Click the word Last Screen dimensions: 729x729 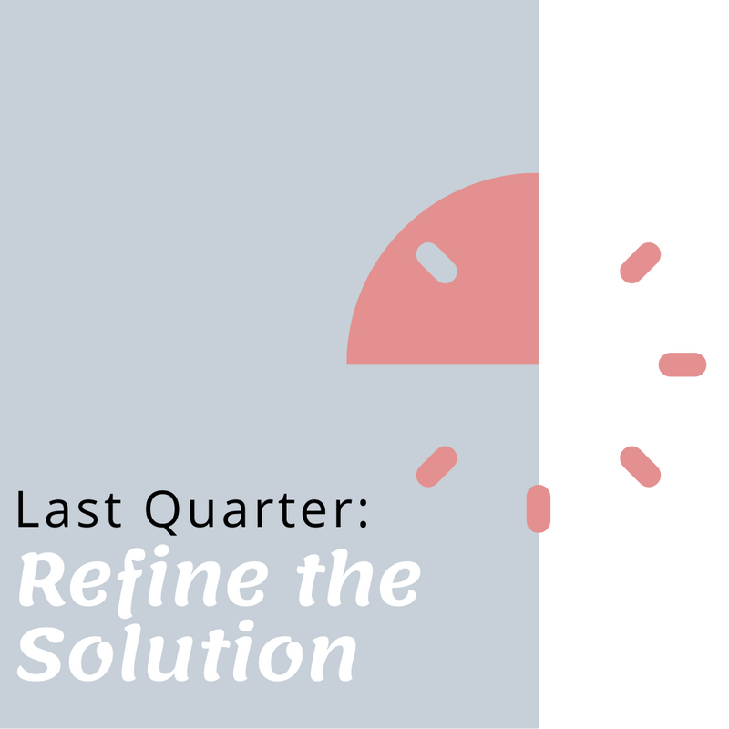pyautogui.click(x=69, y=509)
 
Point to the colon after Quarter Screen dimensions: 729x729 pyautogui.click(x=363, y=513)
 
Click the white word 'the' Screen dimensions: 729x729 pyautogui.click(x=358, y=579)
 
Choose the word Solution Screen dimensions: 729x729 pyautogui.click(x=187, y=652)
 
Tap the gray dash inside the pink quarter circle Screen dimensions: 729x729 pyautogui.click(x=436, y=262)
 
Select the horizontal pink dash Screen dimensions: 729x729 pyautogui.click(x=683, y=364)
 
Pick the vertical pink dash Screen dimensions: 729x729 pyautogui.click(x=539, y=508)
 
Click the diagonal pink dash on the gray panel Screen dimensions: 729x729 pyautogui.click(x=436, y=467)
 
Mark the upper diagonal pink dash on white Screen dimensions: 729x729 pyautogui.click(x=641, y=262)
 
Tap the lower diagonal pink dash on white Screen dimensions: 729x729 pyautogui.click(x=641, y=467)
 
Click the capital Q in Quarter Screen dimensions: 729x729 pyautogui.click(x=161, y=512)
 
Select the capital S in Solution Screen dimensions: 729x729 pyautogui.click(x=40, y=653)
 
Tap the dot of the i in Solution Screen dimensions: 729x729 pyautogui.click(x=246, y=627)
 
